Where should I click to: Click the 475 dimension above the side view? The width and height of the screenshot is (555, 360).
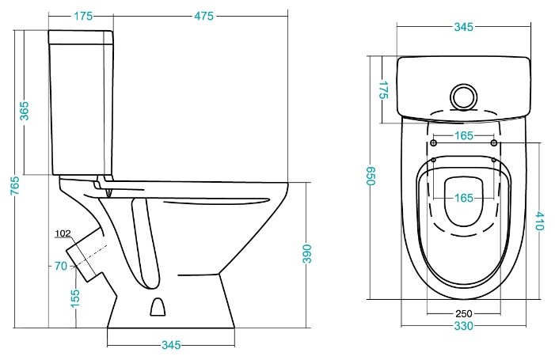(x=204, y=16)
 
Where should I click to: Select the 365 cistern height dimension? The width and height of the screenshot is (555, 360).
(x=24, y=111)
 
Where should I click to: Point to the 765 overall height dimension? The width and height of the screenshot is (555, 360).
(x=15, y=185)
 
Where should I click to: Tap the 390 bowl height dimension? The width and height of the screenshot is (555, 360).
(x=307, y=253)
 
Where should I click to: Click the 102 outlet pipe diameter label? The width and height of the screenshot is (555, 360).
(x=63, y=233)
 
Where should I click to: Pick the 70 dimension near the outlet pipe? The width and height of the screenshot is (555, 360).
(x=60, y=266)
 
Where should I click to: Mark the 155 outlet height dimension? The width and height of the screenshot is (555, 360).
(x=75, y=298)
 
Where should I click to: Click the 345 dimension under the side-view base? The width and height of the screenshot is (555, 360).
(x=171, y=345)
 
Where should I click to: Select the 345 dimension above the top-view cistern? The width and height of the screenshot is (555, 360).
(x=464, y=27)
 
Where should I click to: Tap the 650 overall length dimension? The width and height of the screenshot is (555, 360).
(x=370, y=176)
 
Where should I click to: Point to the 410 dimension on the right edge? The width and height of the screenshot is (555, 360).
(x=539, y=221)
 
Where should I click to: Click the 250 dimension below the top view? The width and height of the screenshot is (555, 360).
(x=464, y=313)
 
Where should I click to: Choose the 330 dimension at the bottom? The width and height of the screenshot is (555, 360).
(x=464, y=325)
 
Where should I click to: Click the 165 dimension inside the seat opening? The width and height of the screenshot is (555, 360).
(x=464, y=198)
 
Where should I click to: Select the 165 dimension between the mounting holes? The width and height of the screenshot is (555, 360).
(x=464, y=135)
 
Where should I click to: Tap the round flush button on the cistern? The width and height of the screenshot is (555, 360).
(x=463, y=97)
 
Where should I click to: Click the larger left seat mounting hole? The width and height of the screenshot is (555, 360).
(x=433, y=143)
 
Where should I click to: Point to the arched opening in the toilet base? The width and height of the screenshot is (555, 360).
(x=158, y=307)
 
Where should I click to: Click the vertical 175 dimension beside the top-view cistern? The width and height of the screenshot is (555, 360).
(x=383, y=90)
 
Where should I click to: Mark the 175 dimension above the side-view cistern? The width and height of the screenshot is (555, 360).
(x=83, y=16)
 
